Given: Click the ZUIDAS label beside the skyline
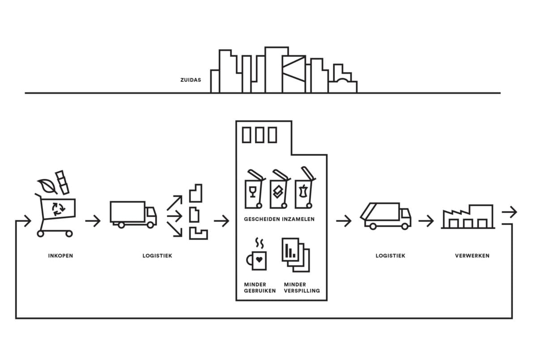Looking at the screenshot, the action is [x=191, y=80].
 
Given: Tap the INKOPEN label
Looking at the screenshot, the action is [x=60, y=256].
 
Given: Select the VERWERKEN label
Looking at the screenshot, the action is [x=472, y=256].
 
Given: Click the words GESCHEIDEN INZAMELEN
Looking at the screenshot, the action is [x=279, y=219].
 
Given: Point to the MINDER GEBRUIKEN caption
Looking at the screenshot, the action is [x=260, y=288].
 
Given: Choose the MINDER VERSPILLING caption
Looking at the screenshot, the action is [x=302, y=288].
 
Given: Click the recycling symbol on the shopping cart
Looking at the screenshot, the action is [x=59, y=209].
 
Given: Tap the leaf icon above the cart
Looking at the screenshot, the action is [x=47, y=186].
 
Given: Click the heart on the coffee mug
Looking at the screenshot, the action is [x=259, y=259].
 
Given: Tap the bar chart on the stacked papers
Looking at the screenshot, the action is [x=290, y=251].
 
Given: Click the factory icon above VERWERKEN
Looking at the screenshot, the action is [x=468, y=217].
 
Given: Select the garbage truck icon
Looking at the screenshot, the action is [x=386, y=216].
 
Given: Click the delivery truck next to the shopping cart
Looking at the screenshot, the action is [x=133, y=215].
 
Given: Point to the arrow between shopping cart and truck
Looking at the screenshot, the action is [x=93, y=221].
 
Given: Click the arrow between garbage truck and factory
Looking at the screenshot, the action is [x=426, y=221].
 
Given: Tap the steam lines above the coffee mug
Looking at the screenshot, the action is [x=260, y=243].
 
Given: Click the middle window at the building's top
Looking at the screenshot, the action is [x=260, y=135].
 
